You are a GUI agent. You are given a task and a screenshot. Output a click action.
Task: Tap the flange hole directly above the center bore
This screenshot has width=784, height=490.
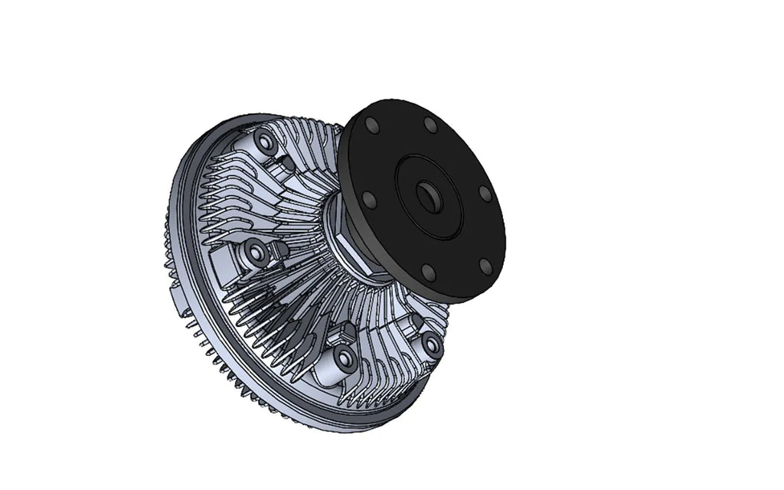pyautogui.click(x=431, y=125)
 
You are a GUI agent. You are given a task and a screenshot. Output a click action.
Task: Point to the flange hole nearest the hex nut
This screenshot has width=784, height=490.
pyautogui.click(x=369, y=201)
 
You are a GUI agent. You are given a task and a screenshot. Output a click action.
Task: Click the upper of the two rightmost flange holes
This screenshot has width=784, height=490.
pyautogui.click(x=484, y=192)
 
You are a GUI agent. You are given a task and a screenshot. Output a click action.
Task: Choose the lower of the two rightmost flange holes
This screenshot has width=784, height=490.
pyautogui.click(x=485, y=266)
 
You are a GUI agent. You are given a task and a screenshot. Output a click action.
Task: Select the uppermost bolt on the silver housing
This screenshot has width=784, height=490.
pyautogui.click(x=266, y=142)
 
